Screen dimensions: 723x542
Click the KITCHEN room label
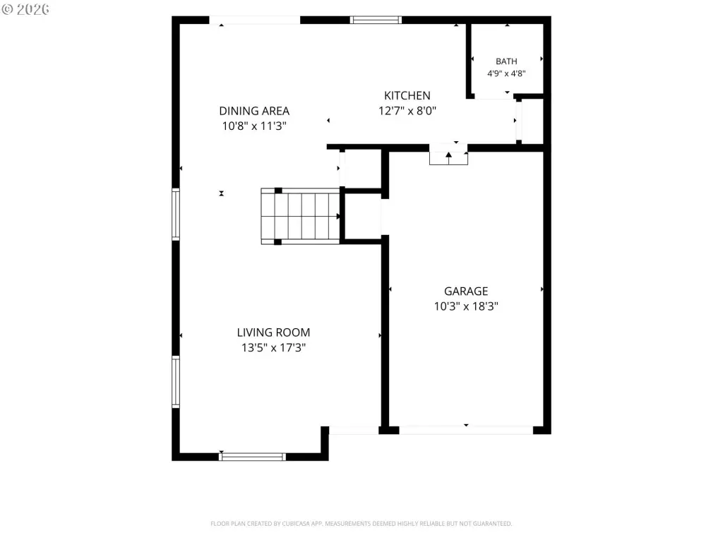407,95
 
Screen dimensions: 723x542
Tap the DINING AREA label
254,111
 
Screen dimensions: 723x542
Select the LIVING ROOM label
273,332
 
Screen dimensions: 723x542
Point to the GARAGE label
466,291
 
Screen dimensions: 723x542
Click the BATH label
506,61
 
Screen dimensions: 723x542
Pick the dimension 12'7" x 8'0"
407,111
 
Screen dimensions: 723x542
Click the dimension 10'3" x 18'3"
466,306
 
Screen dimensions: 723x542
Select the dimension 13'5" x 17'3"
273,347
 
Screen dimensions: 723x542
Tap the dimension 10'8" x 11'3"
254,126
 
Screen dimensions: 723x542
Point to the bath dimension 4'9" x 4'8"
506,73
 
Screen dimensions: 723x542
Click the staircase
301,216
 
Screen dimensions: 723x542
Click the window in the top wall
376,20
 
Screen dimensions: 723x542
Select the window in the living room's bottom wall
252,457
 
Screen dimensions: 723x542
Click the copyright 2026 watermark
25,9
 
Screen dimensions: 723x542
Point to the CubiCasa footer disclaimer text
361,524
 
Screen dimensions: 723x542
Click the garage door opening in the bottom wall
466,430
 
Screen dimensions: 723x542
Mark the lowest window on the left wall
176,382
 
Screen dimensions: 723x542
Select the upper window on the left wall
176,215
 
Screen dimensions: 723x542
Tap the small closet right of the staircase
363,216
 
